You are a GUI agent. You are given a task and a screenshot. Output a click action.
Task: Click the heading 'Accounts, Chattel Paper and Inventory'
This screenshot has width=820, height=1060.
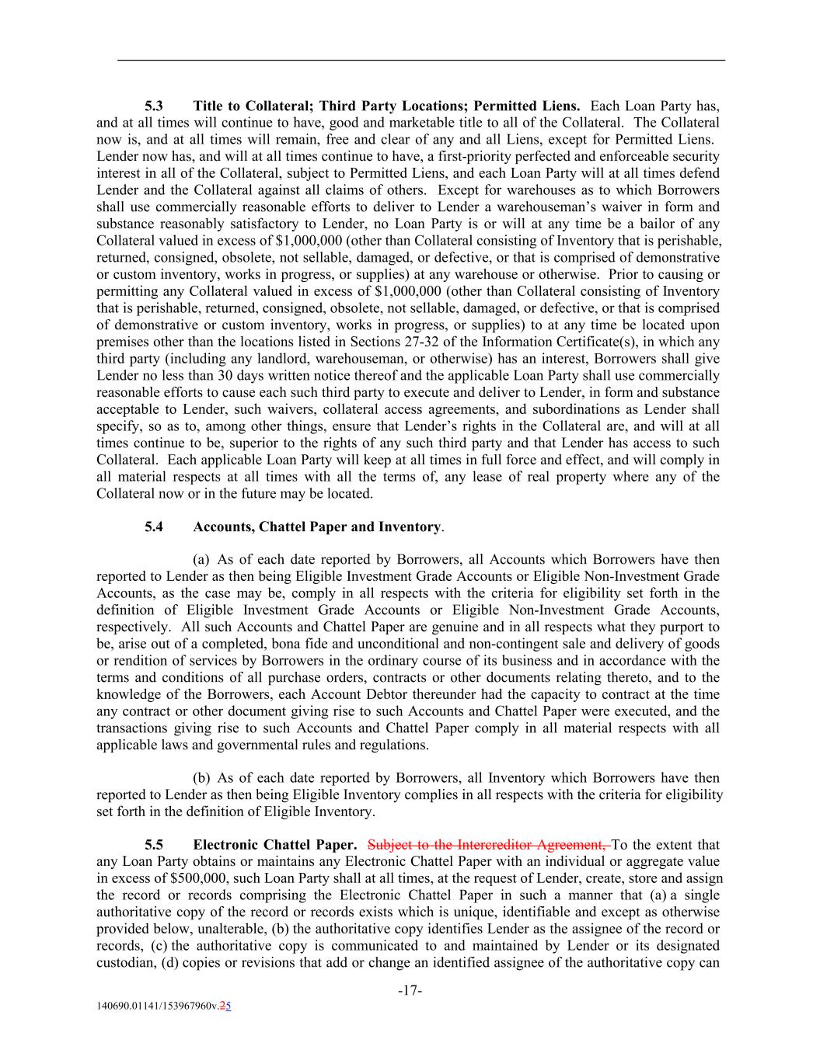point(316,527)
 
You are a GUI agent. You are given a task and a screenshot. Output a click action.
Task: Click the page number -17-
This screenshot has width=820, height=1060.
point(410,991)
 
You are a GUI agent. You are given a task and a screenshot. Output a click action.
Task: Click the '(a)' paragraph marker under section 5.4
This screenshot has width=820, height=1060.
point(201,560)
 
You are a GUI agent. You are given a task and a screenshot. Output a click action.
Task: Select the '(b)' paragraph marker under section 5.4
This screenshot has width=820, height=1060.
point(201,778)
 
